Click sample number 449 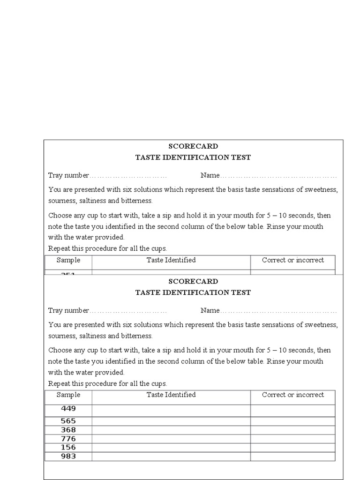point(68,408)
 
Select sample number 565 point(68,421)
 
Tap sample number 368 point(68,430)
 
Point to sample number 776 point(68,439)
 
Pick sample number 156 point(68,448)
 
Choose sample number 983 point(68,457)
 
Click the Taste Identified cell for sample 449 point(171,411)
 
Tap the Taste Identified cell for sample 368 point(171,430)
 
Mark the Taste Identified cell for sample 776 point(171,439)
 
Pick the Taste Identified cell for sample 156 point(171,448)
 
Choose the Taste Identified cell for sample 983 point(171,457)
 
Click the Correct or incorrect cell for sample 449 point(293,411)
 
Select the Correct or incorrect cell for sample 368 point(293,430)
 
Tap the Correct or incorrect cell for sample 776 point(293,439)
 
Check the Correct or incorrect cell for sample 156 point(293,448)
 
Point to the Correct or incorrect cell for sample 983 point(293,457)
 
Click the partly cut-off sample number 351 point(68,273)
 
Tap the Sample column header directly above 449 point(68,395)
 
